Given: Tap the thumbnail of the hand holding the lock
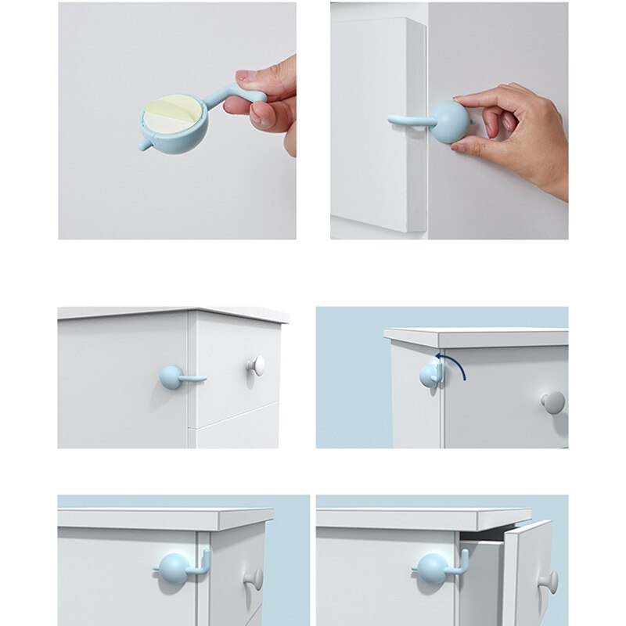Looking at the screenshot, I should click(x=177, y=121).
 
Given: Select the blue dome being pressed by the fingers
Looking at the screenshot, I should click(x=449, y=122).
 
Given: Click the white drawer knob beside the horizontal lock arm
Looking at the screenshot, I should click(x=256, y=365).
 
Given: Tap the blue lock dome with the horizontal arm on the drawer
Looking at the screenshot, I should click(x=171, y=377).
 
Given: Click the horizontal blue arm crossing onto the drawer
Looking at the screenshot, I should click(x=193, y=379).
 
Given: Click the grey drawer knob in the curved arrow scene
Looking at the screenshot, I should click(x=552, y=402).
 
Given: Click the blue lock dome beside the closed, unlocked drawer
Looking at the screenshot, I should click(x=173, y=567).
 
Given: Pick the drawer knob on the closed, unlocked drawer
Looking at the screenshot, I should click(x=253, y=579).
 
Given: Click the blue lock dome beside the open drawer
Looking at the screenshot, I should click(x=430, y=567).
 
